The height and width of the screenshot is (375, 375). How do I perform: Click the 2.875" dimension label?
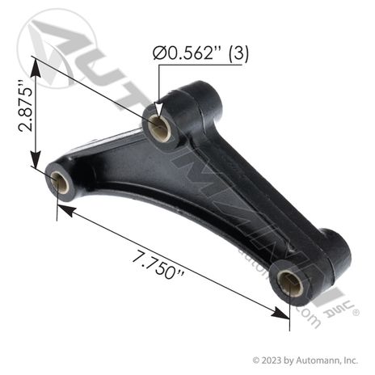coord(25,106)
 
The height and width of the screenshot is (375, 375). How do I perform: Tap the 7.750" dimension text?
coord(158,265)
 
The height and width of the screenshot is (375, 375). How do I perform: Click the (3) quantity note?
coord(238,53)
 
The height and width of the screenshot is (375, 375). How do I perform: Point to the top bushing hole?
coord(160,127)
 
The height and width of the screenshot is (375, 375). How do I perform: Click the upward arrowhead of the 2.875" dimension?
coord(36,67)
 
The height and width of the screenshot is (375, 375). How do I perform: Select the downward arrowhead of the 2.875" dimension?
coord(36,160)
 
